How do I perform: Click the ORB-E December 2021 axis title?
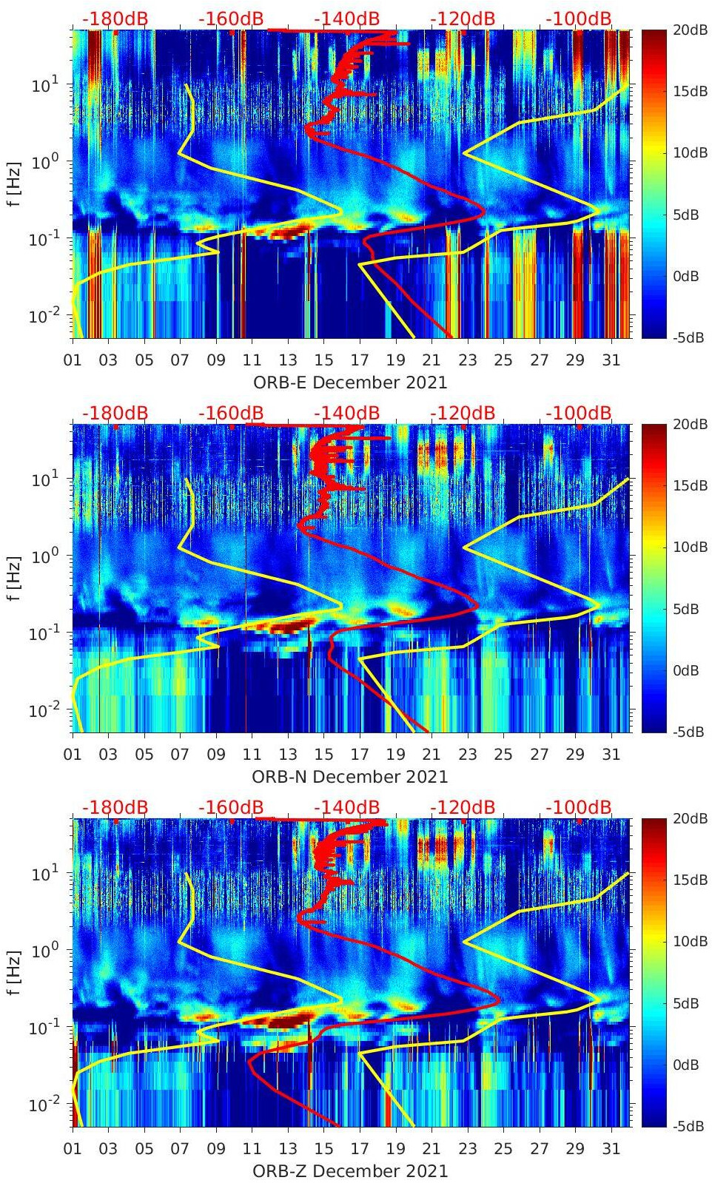(350, 382)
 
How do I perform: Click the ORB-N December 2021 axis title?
(350, 777)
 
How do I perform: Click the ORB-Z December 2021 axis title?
(350, 1171)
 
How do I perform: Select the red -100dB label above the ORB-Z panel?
(579, 807)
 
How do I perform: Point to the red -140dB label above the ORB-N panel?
(346, 413)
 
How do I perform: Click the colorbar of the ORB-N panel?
(652, 578)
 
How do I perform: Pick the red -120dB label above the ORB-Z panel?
(463, 807)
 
